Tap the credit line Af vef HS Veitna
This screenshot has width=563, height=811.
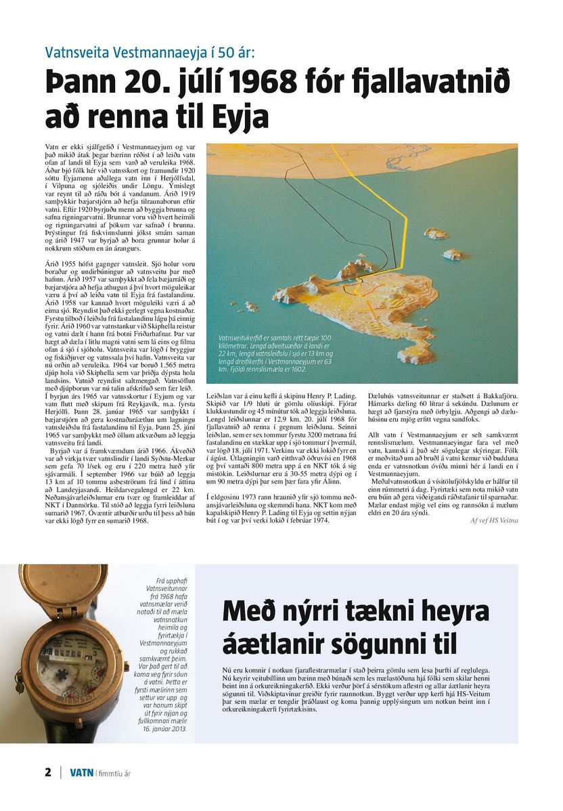(495, 520)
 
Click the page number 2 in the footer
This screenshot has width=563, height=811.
(48, 772)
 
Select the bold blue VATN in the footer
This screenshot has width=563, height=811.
(81, 772)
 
